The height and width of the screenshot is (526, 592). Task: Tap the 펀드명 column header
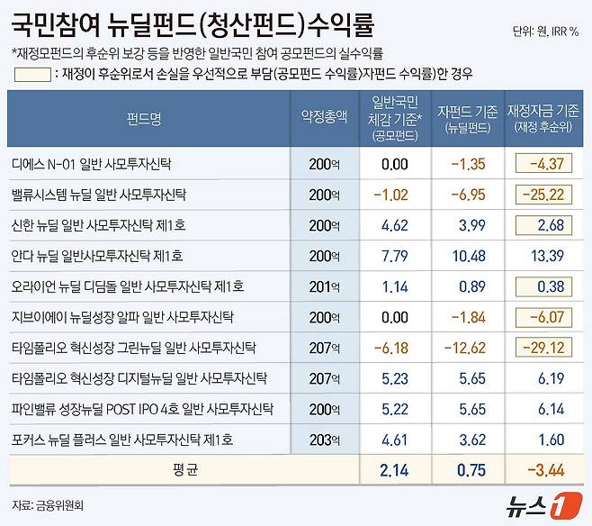(x=148, y=117)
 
